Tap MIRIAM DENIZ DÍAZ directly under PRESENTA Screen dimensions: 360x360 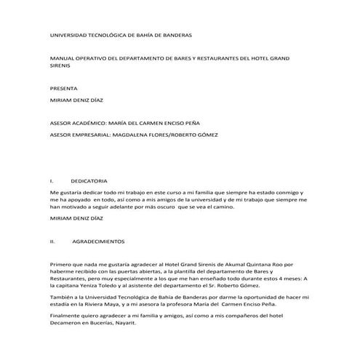tap(77, 100)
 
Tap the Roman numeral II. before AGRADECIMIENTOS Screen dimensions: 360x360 tap(53, 240)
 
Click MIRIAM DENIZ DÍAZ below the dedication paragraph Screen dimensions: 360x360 tap(77, 218)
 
